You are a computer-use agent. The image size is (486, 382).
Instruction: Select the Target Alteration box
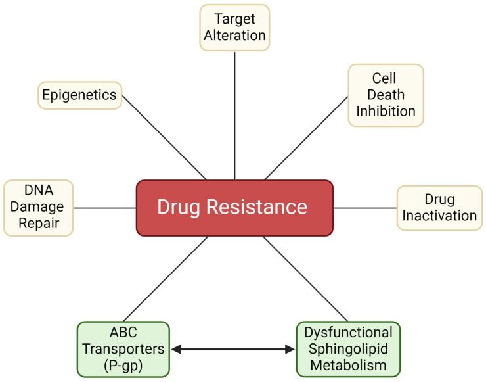tap(234, 28)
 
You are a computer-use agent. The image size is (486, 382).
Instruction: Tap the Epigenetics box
tap(79, 95)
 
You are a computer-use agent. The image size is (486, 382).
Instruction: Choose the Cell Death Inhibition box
tap(386, 95)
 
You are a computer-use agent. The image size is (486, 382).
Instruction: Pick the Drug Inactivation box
tap(439, 208)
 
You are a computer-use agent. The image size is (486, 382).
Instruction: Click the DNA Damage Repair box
tap(38, 208)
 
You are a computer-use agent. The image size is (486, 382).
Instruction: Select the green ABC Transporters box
tap(123, 349)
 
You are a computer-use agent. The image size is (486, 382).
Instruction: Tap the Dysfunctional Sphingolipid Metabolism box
tap(348, 349)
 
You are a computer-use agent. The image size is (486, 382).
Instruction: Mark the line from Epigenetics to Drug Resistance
tap(164, 137)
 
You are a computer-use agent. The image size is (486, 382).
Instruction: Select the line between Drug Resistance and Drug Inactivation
tap(364, 208)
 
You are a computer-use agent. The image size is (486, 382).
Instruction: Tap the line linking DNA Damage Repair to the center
tap(104, 208)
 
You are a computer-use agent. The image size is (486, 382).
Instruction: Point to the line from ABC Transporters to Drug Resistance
tap(166, 278)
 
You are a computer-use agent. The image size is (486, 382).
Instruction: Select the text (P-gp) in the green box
tap(123, 365)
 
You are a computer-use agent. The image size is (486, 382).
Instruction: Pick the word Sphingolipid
tap(348, 349)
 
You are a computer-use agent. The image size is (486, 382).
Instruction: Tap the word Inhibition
tap(386, 111)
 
